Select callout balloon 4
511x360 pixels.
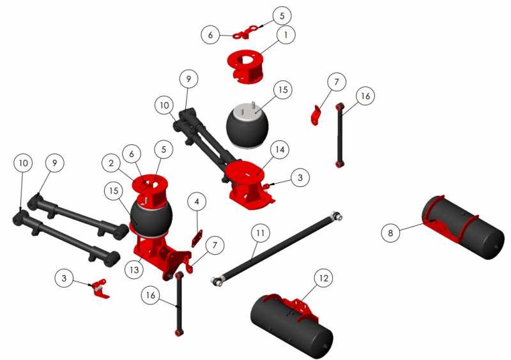(x=197, y=202)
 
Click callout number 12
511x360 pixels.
(x=324, y=278)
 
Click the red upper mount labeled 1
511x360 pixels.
(x=247, y=67)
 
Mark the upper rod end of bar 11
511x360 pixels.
(x=336, y=217)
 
